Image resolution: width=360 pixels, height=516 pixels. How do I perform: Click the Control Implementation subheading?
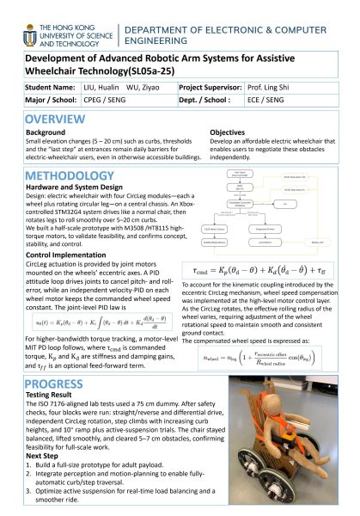(65, 255)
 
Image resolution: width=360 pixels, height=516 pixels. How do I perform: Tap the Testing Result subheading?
(50, 396)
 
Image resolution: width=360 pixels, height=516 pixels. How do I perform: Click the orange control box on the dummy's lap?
(279, 440)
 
